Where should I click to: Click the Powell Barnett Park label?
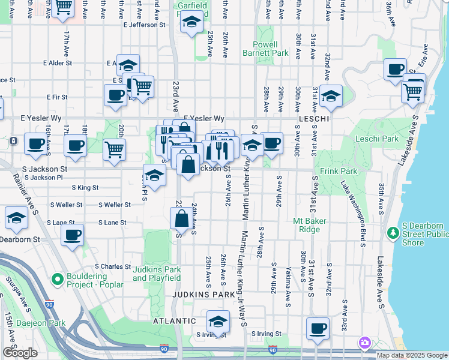click(260, 49)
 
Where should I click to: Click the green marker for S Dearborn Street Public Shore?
click(393, 232)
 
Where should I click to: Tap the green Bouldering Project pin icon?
click(57, 279)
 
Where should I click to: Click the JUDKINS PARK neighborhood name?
click(200, 295)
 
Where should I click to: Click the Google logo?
click(20, 353)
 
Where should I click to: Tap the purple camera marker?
click(364, 343)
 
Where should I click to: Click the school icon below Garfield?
click(191, 23)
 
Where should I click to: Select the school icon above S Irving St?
click(218, 320)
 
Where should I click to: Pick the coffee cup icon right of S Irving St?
click(318, 328)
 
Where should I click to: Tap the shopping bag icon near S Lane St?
click(182, 219)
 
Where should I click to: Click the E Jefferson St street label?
click(144, 25)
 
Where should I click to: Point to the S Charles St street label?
click(112, 266)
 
